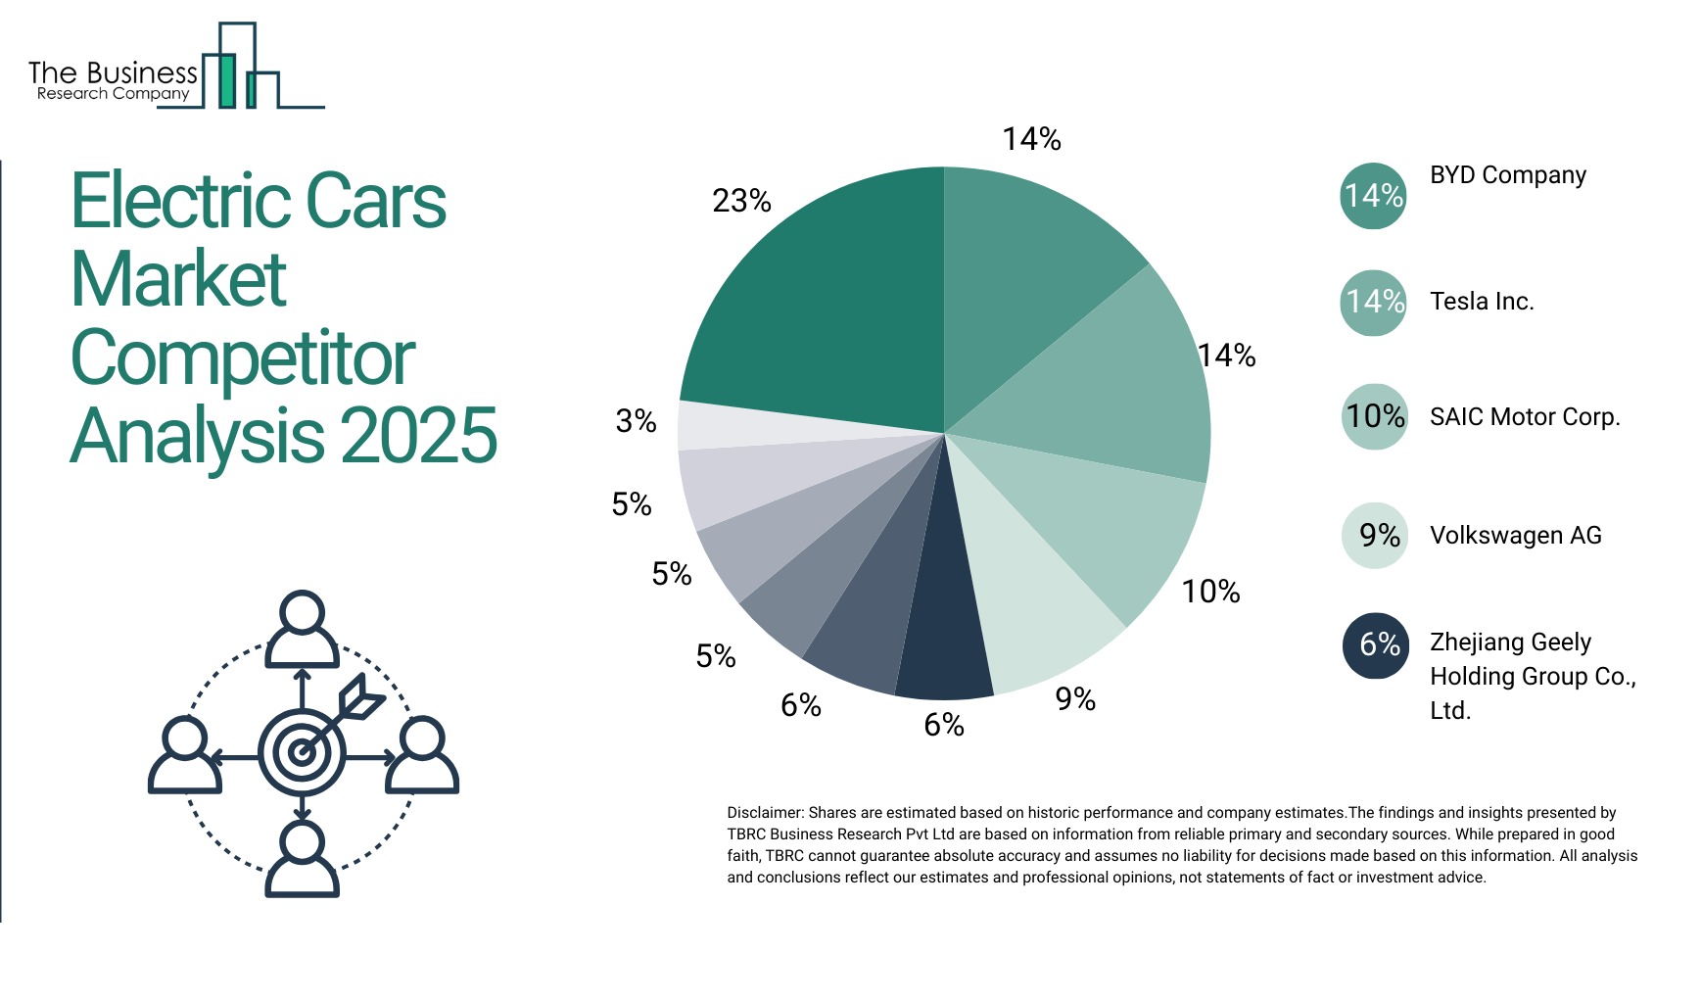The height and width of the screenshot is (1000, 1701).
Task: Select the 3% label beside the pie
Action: click(x=636, y=421)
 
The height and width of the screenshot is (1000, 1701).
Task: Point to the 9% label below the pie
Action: click(x=1074, y=699)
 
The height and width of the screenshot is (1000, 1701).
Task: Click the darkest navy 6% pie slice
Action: click(x=942, y=627)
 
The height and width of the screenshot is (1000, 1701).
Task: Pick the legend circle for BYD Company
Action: click(x=1373, y=196)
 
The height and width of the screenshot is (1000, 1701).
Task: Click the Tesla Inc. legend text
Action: click(x=1481, y=302)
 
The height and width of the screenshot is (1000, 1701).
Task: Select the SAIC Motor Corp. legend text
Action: click(x=1524, y=417)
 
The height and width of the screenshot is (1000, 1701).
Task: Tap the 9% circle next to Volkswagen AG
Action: click(x=1375, y=535)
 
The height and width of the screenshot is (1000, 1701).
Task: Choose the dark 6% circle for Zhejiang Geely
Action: click(x=1376, y=644)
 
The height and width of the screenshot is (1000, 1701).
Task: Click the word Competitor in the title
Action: click(x=243, y=358)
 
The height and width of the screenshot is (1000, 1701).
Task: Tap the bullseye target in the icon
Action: click(x=302, y=752)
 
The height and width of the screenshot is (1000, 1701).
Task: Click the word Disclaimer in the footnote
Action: click(x=764, y=813)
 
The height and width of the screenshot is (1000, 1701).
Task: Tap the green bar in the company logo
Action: click(x=226, y=81)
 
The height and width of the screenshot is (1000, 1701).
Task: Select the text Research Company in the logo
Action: click(x=113, y=94)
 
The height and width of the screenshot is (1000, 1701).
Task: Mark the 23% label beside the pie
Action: click(x=741, y=201)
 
